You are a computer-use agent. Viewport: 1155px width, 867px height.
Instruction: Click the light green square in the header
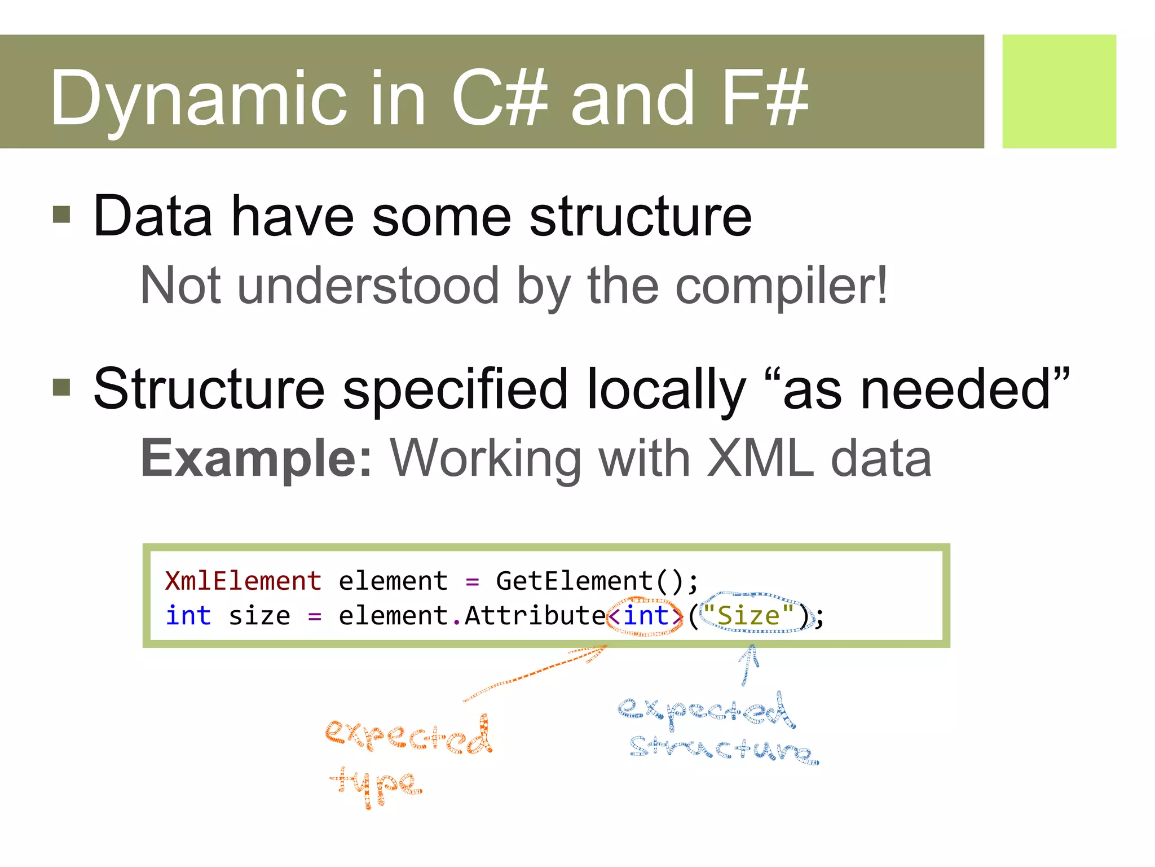point(1059,91)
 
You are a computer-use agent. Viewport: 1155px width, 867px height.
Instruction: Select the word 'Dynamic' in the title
point(197,99)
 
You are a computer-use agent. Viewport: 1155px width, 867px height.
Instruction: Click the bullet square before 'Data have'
point(61,214)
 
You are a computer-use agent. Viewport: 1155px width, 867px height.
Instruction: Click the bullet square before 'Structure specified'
point(61,387)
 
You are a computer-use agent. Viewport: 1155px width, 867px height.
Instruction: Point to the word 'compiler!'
point(781,286)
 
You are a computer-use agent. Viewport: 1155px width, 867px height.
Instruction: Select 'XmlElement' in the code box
point(243,581)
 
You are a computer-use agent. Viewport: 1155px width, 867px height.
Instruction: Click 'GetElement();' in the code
point(597,581)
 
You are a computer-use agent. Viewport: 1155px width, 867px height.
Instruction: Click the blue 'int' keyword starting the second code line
point(188,615)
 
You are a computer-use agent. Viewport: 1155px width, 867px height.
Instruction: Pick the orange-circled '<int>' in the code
point(645,615)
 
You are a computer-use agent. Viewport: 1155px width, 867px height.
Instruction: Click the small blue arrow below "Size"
point(748,665)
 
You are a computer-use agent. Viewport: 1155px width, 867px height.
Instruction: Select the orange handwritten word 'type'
point(376,786)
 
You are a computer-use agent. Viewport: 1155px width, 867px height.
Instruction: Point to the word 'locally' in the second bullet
point(666,389)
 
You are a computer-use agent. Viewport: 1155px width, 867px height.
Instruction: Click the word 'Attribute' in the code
point(535,615)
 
